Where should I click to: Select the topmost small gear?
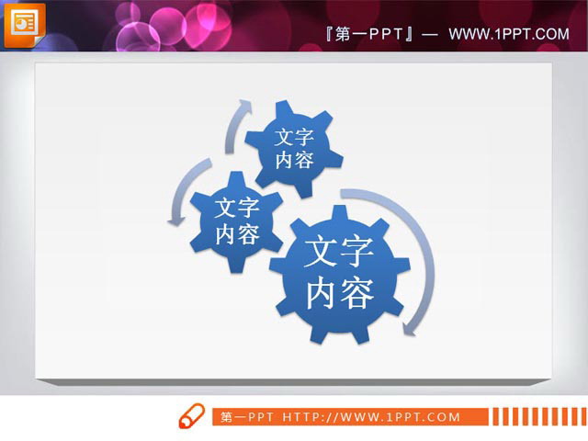pos(294,148)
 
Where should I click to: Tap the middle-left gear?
pos(236,220)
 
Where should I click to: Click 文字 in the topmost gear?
pos(294,137)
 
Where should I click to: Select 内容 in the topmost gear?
pos(294,160)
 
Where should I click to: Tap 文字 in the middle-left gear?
pos(236,208)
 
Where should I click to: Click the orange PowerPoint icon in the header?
pos(24,24)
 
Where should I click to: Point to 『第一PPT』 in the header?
pos(367,34)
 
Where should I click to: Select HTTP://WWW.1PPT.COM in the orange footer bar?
pos(385,417)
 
